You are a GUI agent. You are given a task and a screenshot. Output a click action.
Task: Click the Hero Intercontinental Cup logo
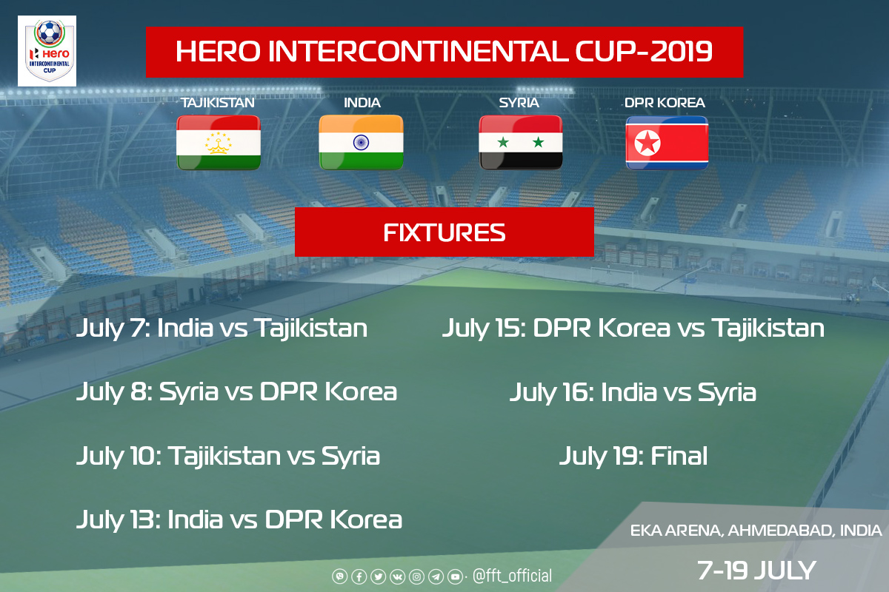[x=47, y=51]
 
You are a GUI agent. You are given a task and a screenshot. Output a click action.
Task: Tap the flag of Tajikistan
[x=219, y=143]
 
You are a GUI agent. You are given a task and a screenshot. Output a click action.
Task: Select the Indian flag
[x=362, y=142]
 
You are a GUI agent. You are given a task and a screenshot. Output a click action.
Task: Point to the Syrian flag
[x=521, y=143]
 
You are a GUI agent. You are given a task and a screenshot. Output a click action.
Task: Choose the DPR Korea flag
[x=667, y=143]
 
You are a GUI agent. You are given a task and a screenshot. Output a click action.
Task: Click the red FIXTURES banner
[x=444, y=232]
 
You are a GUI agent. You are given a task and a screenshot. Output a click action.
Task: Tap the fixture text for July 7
[x=222, y=329]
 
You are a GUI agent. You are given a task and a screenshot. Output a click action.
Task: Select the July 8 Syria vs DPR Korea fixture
[x=236, y=392]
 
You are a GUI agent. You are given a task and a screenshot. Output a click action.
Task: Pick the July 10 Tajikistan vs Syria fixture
[x=228, y=457]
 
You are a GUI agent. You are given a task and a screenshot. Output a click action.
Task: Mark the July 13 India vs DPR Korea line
[x=239, y=520]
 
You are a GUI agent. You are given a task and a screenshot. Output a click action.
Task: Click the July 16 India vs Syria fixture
[x=633, y=393]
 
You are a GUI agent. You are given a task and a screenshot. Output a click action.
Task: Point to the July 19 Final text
[x=633, y=457]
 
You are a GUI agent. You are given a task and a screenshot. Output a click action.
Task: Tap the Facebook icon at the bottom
[x=359, y=576]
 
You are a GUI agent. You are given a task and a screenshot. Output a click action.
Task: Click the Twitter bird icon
[x=379, y=576]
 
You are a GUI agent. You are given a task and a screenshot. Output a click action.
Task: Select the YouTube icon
[x=455, y=576]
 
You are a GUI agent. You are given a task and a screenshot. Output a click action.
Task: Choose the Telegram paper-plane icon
[x=436, y=576]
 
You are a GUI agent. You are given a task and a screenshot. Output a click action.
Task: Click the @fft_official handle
[x=512, y=576]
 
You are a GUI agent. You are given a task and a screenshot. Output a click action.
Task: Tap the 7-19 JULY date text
[x=756, y=571]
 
